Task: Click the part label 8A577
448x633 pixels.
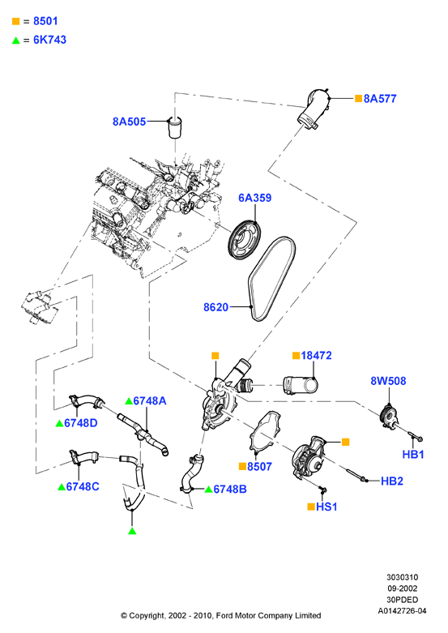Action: click(380, 99)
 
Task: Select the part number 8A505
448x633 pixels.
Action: click(129, 122)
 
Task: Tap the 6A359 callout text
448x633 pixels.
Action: click(254, 198)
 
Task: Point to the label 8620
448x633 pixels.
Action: click(216, 307)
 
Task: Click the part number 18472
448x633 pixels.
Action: click(316, 355)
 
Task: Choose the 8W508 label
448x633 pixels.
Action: click(388, 381)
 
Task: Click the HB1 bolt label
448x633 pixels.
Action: click(413, 454)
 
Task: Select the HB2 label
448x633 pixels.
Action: click(392, 481)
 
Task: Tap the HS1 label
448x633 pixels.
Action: click(326, 507)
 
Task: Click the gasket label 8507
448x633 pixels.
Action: click(259, 466)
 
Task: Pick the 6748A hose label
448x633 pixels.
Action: click(149, 400)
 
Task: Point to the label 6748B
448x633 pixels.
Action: click(229, 489)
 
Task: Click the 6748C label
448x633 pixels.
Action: click(83, 486)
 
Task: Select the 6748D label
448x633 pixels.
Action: click(81, 422)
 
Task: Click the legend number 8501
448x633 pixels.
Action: click(45, 21)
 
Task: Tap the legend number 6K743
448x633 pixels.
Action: click(49, 40)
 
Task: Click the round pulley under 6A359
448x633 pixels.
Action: click(244, 241)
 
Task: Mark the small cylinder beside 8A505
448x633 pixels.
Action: click(175, 127)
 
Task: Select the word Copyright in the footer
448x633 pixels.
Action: click(147, 616)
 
